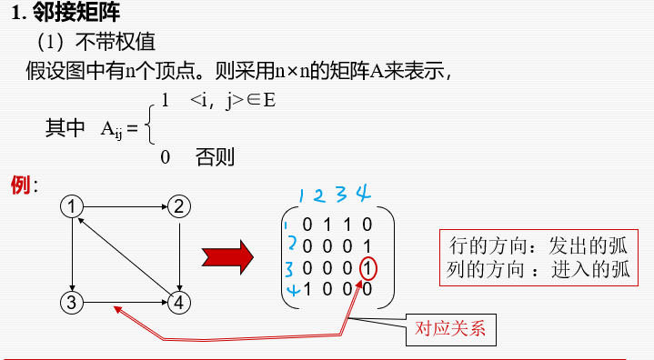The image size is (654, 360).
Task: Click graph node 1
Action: [72, 206]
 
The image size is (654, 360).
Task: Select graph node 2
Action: [179, 206]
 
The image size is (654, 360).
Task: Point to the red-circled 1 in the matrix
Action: [367, 268]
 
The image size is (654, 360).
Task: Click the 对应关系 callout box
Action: [450, 328]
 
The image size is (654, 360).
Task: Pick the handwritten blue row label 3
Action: [289, 269]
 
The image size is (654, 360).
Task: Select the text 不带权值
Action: [114, 42]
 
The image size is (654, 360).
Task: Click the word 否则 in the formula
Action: [215, 157]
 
